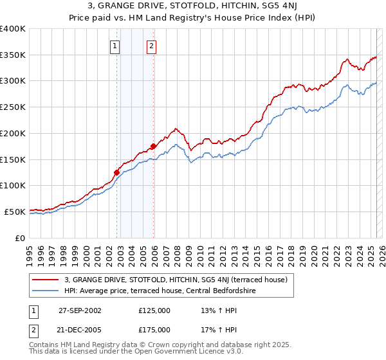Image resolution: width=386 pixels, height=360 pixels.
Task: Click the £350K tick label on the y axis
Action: point(12,55)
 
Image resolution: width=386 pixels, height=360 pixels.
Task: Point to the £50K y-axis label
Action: point(14,212)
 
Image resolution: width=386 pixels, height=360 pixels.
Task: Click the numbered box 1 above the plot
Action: point(115,46)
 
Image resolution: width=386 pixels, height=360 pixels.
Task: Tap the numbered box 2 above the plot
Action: point(151,46)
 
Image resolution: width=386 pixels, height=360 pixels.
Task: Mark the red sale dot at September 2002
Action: point(117,172)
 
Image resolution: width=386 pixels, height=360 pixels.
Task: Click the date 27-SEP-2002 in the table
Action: point(80,310)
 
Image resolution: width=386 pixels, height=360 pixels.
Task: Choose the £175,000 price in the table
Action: point(154,329)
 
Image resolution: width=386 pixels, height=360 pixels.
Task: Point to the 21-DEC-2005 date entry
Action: point(80,329)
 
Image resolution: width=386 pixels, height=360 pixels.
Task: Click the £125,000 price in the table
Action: point(154,310)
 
